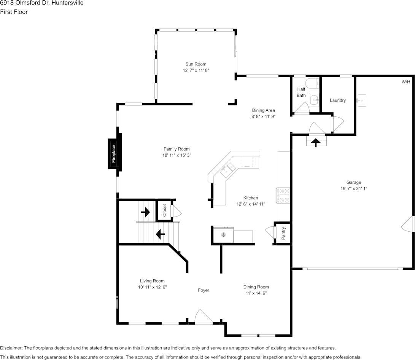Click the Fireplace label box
click(x=114, y=153)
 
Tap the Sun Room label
click(x=196, y=64)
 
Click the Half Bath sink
click(x=314, y=100)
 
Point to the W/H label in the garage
click(x=406, y=82)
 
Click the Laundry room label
click(x=338, y=100)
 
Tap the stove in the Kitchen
click(x=283, y=196)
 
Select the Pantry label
click(x=283, y=233)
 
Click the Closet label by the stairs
click(x=165, y=210)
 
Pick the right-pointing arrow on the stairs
click(x=146, y=212)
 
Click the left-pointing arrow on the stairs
click(x=160, y=234)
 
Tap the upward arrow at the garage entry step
click(x=316, y=142)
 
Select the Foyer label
click(x=204, y=290)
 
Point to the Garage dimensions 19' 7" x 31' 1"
click(x=354, y=188)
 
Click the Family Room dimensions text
click(x=176, y=155)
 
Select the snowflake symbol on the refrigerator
click(x=223, y=234)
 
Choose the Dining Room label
click(x=256, y=287)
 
